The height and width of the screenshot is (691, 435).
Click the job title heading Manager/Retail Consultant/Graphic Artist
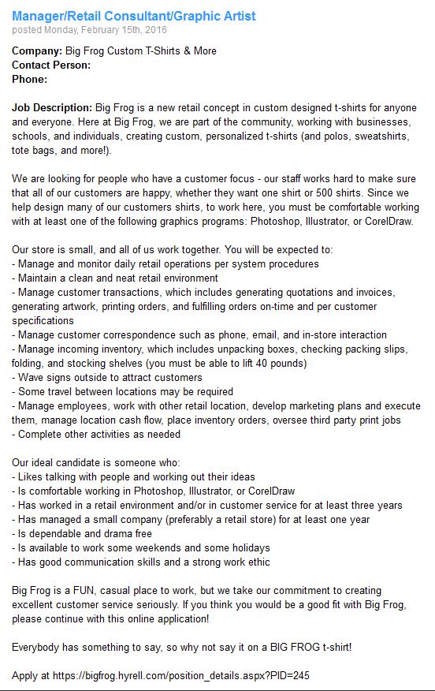134,16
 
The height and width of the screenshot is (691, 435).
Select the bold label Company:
36,51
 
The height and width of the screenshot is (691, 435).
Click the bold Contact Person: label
51,65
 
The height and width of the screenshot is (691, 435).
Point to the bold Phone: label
30,79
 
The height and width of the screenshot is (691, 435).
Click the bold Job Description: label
51,107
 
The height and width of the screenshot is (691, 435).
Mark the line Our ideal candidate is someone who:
96,463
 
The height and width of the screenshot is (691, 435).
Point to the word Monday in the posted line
69,30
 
